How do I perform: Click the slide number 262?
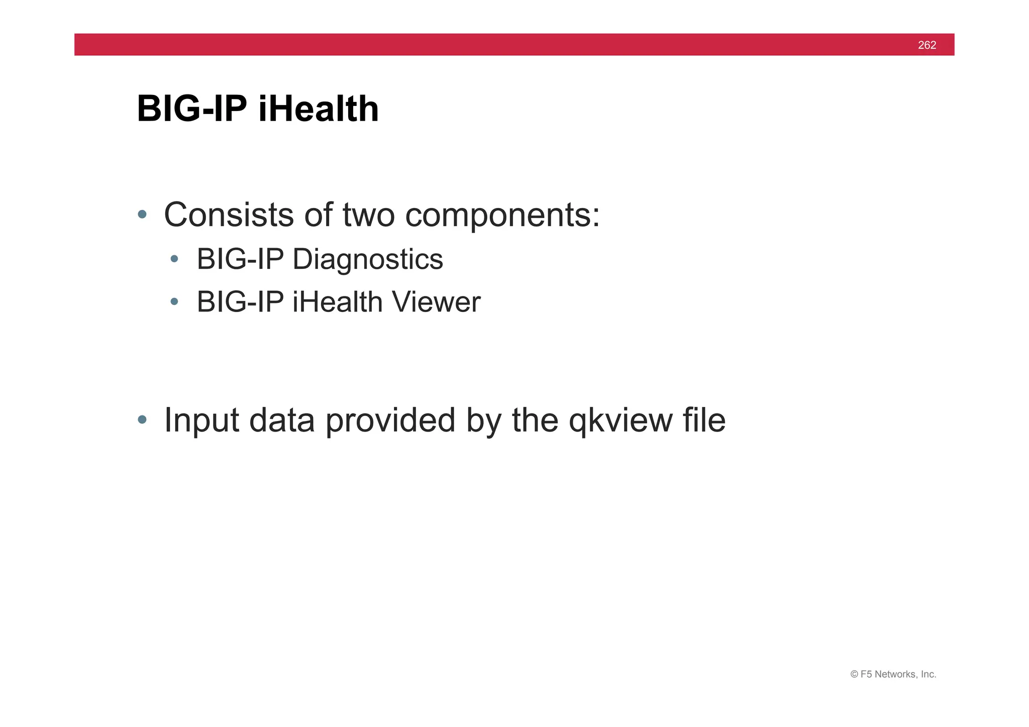(x=927, y=45)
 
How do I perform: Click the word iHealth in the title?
(x=318, y=109)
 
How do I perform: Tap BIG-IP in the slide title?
(x=192, y=109)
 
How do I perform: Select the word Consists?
(x=229, y=215)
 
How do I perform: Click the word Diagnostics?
(x=367, y=260)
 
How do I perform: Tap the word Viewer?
(x=436, y=302)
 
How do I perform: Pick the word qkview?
(x=620, y=421)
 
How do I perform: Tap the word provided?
(x=390, y=421)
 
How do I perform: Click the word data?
(x=282, y=421)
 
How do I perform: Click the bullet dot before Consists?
(x=142, y=215)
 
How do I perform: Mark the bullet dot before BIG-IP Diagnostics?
(x=174, y=259)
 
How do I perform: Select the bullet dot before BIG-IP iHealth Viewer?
(x=174, y=301)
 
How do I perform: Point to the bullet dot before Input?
(x=142, y=420)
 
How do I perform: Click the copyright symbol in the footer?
(x=854, y=674)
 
